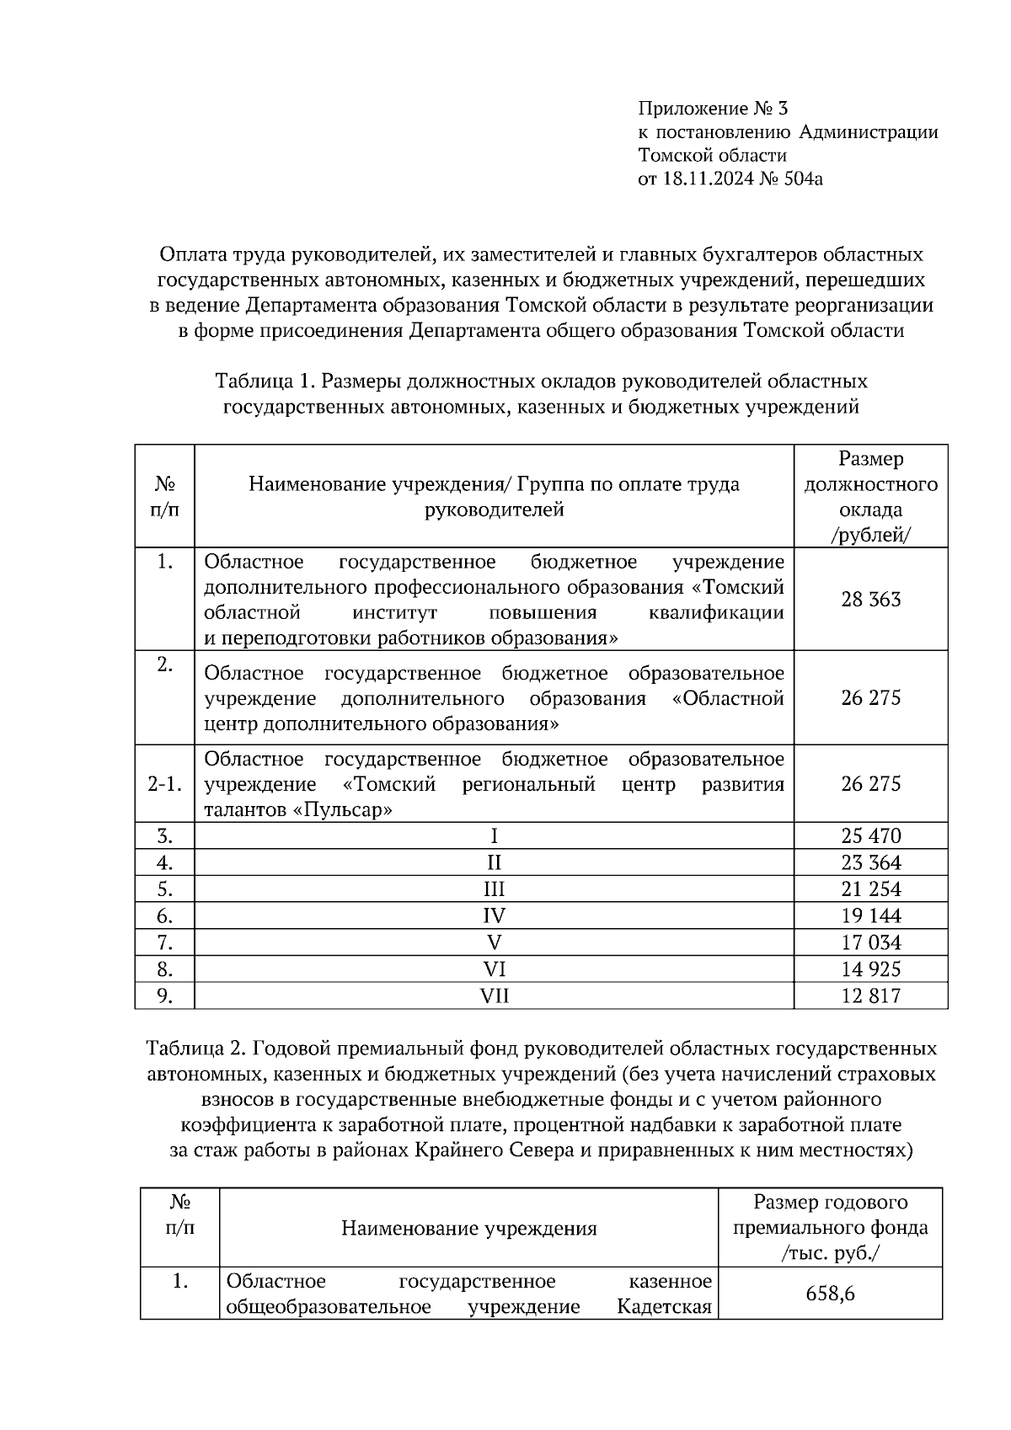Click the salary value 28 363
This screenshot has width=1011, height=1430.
(x=870, y=600)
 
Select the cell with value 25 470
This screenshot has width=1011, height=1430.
(x=870, y=836)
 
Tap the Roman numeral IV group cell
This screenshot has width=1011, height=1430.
(x=495, y=915)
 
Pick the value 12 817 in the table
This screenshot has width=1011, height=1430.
(x=870, y=996)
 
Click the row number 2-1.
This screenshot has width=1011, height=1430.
(x=164, y=784)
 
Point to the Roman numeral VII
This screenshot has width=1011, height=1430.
(x=495, y=996)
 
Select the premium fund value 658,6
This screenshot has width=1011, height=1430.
(x=830, y=1294)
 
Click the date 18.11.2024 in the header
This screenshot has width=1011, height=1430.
(x=703, y=179)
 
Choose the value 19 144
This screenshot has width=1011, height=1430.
(x=870, y=915)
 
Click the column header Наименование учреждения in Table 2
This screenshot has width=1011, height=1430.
(x=468, y=1229)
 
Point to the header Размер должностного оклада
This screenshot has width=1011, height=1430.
(x=870, y=497)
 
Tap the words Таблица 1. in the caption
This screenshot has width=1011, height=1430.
(x=265, y=382)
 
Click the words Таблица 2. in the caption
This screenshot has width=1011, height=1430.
(x=196, y=1049)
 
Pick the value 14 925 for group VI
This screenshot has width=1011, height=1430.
(x=870, y=969)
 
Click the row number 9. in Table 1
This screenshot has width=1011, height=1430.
(x=164, y=996)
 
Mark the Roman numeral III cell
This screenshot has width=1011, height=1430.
(x=495, y=889)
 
